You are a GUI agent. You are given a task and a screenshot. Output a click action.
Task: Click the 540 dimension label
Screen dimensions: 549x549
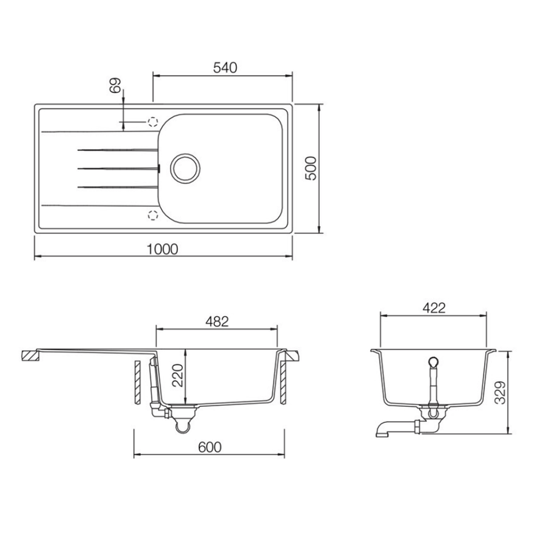[x=225, y=67]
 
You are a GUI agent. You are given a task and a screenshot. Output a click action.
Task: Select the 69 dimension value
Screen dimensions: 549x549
[x=115, y=85]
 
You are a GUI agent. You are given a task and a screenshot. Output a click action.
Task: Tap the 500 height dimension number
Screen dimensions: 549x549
[x=311, y=168]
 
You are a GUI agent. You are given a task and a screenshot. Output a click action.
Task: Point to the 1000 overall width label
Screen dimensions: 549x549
[x=162, y=249]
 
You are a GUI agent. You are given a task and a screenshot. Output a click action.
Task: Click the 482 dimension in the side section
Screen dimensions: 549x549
[x=217, y=321]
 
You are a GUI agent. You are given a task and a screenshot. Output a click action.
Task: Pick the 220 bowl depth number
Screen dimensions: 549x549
[x=178, y=375]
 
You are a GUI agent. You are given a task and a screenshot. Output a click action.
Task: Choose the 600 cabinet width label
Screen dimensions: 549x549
[x=210, y=447]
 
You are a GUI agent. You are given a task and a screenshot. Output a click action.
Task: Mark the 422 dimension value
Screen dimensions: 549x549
[x=434, y=308]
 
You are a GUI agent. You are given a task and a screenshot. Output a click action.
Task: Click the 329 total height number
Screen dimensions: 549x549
[x=501, y=392]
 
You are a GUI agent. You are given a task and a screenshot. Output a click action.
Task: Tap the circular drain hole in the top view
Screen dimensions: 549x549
[x=185, y=168]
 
